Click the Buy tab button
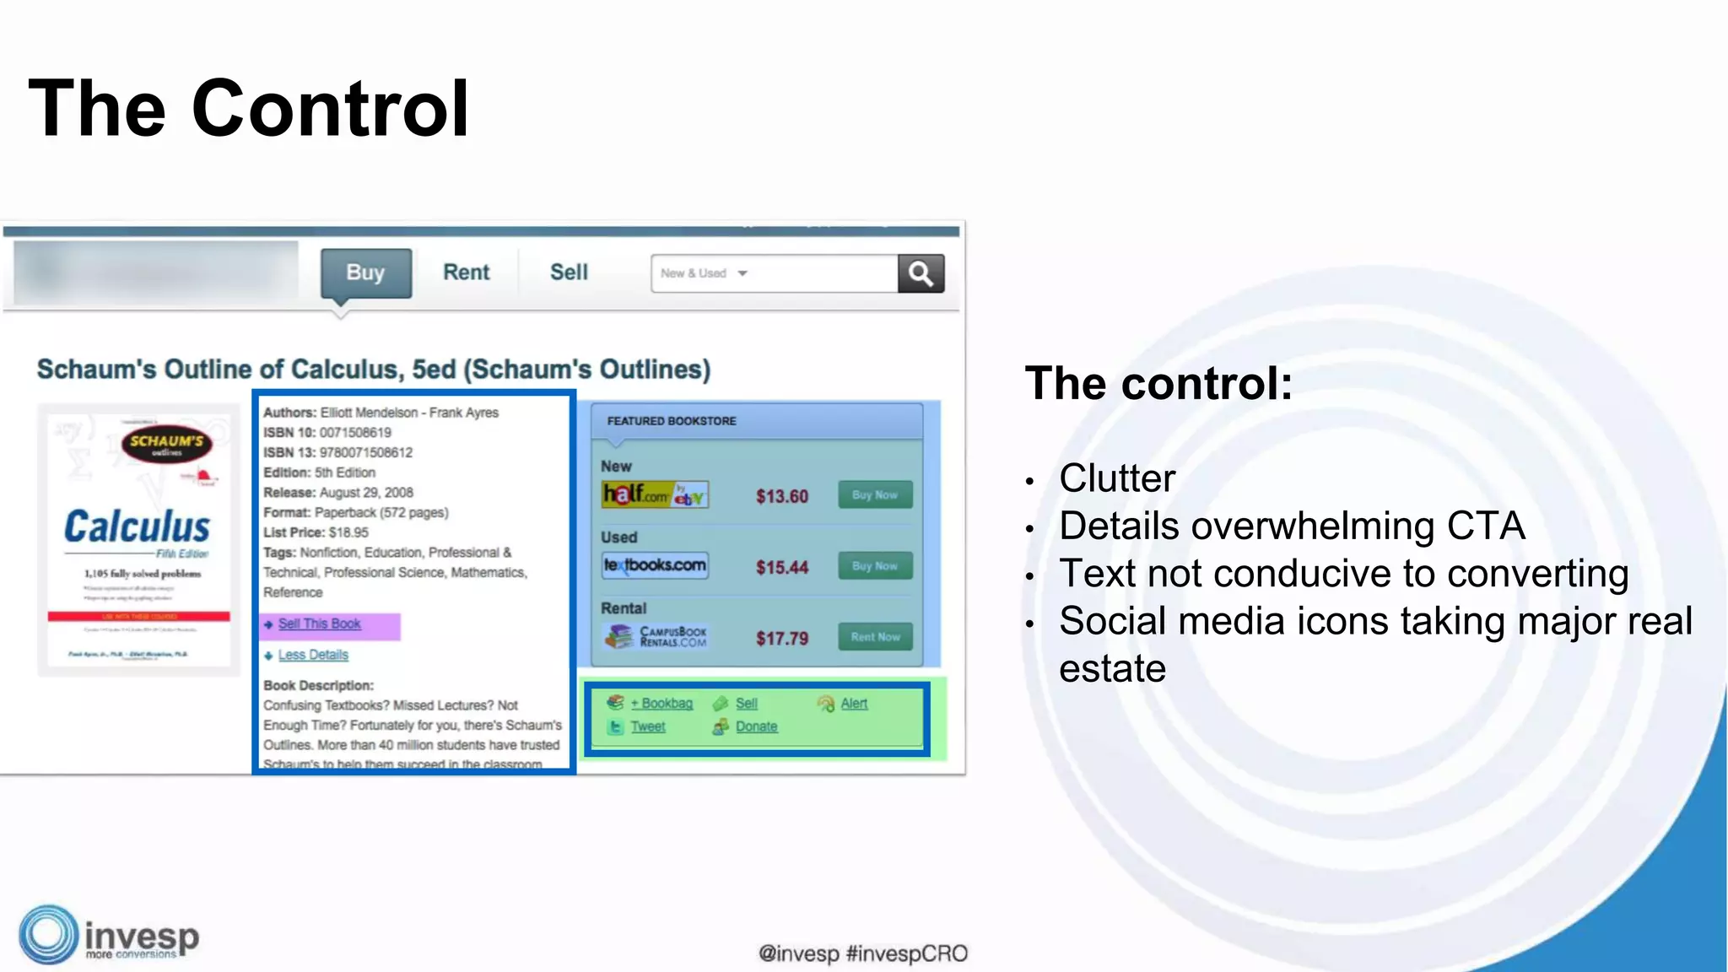tap(365, 273)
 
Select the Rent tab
tap(466, 273)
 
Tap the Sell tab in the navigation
tap(569, 273)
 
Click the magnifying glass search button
tap(921, 273)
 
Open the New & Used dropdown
tap(705, 273)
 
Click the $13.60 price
tap(781, 496)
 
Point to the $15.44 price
tap(781, 567)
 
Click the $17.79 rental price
tap(781, 638)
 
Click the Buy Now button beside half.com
tap(875, 495)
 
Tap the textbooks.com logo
tap(655, 565)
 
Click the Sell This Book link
tap(319, 624)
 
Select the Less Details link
tap(313, 655)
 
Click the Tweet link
tap(647, 726)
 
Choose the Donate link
tap(756, 726)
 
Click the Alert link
tap(853, 704)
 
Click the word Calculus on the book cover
tap(138, 527)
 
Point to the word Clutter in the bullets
tap(1116, 478)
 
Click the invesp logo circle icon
tap(48, 934)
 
